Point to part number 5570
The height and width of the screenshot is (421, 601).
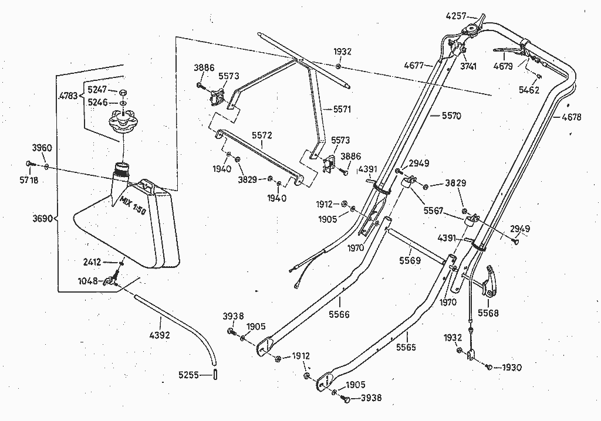(x=450, y=116)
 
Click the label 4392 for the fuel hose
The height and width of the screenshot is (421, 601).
(x=160, y=336)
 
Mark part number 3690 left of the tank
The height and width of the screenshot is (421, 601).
(x=42, y=219)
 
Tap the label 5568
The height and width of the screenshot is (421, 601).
(x=488, y=313)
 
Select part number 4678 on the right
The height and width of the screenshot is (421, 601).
(x=571, y=117)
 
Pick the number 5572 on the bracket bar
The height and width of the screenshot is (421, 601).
(x=262, y=135)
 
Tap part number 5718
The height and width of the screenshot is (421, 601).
(x=28, y=180)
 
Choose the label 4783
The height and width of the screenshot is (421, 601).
(x=68, y=95)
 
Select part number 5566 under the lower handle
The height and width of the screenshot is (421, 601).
(x=339, y=314)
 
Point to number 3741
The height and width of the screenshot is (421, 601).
(x=468, y=66)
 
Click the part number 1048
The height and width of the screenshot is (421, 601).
(x=89, y=281)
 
